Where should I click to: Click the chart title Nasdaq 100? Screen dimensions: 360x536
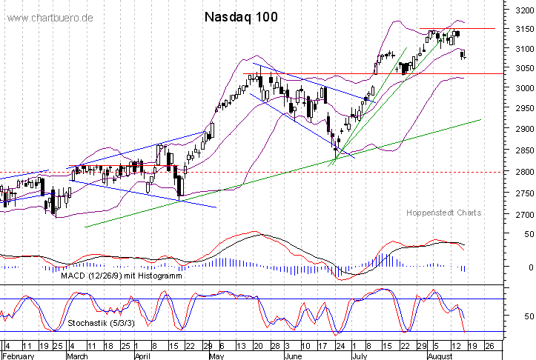coord(241,16)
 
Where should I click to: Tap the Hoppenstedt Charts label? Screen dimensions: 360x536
coord(443,213)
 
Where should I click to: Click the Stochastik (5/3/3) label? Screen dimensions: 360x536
coord(97,324)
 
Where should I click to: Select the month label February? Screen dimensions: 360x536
coord(18,355)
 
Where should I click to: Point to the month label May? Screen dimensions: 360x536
coord(216,355)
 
